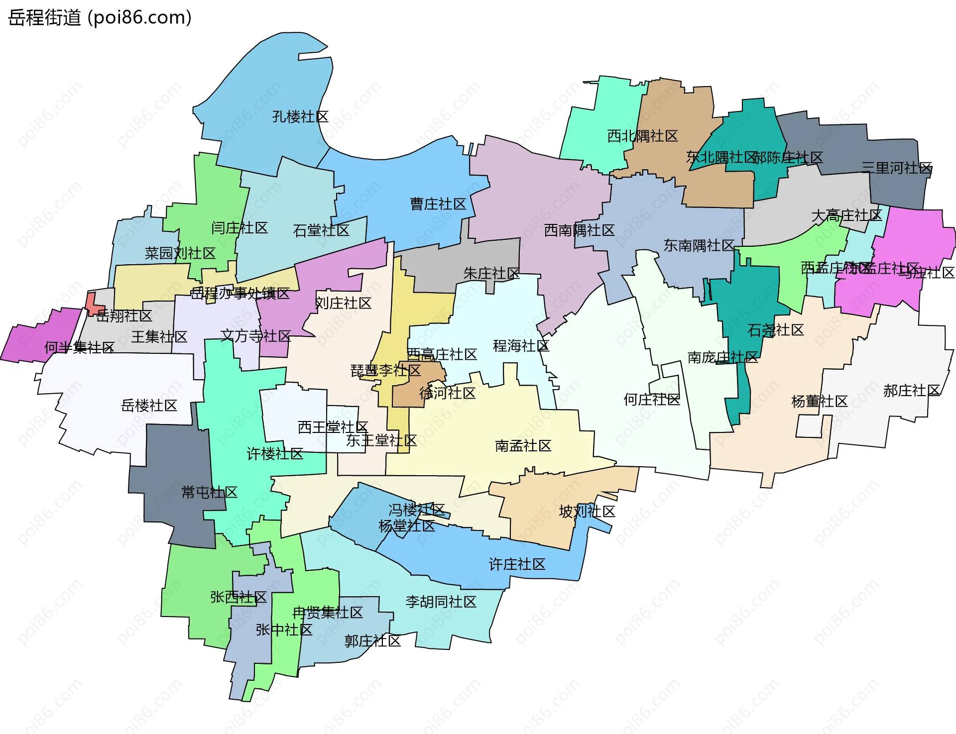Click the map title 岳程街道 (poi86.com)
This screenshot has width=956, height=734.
pyautogui.click(x=100, y=18)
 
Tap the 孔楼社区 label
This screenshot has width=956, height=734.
pyautogui.click(x=300, y=117)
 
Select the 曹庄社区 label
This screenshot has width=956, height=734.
pyautogui.click(x=438, y=204)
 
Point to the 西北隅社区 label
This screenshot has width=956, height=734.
pyautogui.click(x=642, y=136)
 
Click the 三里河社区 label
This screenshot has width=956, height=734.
pyautogui.click(x=897, y=168)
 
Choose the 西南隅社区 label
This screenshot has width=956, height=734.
pyautogui.click(x=579, y=230)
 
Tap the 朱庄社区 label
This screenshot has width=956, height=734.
pyautogui.click(x=491, y=273)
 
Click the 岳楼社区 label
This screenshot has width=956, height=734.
pyautogui.click(x=149, y=406)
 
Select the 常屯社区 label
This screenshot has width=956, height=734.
pyautogui.click(x=209, y=493)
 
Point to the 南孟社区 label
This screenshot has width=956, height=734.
pyautogui.click(x=523, y=446)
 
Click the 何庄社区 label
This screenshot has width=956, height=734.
pyautogui.click(x=652, y=400)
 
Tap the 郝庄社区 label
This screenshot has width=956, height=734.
pyautogui.click(x=912, y=391)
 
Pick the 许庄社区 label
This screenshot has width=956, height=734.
pyautogui.click(x=517, y=564)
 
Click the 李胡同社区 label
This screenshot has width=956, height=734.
pyautogui.click(x=441, y=602)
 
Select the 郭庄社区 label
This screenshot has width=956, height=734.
pyautogui.click(x=372, y=641)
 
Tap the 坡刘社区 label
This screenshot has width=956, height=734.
pyautogui.click(x=587, y=512)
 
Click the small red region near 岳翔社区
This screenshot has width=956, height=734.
pyautogui.click(x=92, y=304)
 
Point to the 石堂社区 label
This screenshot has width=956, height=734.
pyautogui.click(x=321, y=230)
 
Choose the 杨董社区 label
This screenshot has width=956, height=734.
pyautogui.click(x=819, y=401)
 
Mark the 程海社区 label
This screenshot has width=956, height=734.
pyautogui.click(x=521, y=346)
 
